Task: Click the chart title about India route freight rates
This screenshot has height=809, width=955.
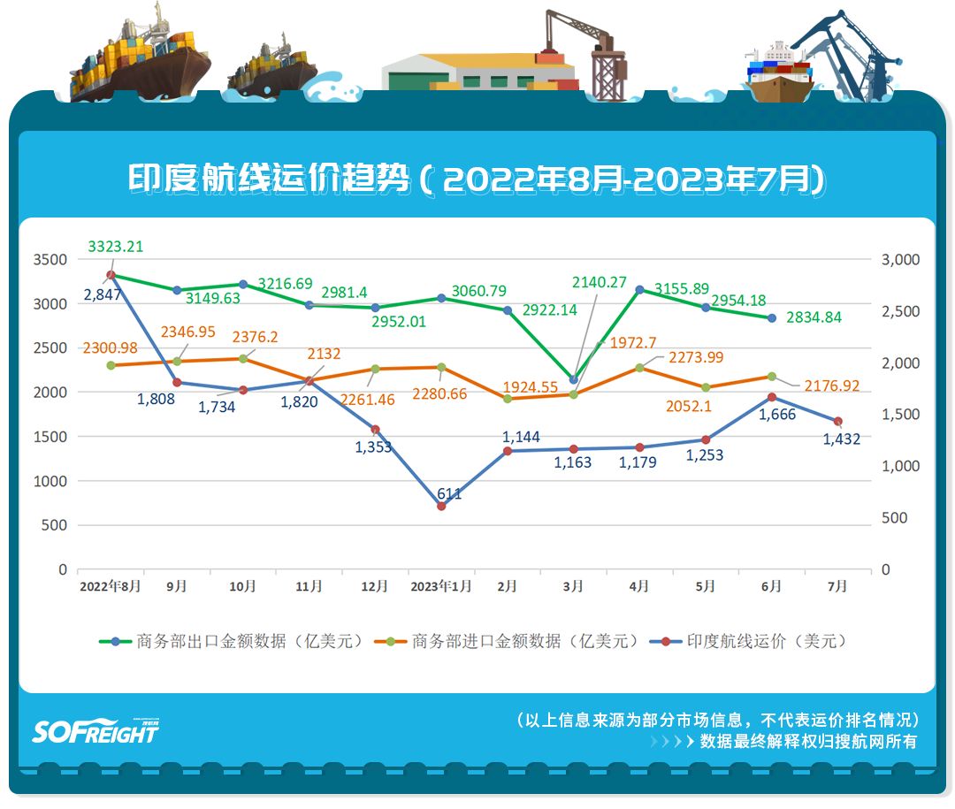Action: (477, 179)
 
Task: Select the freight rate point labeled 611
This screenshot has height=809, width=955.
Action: (441, 506)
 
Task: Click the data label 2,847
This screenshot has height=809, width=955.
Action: (103, 294)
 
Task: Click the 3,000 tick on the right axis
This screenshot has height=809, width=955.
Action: (901, 260)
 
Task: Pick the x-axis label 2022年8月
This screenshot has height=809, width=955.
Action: (110, 586)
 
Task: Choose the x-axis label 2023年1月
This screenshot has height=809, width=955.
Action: (440, 586)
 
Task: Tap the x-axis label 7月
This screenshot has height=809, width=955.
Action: (837, 586)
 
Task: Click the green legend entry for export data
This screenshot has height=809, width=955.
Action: (232, 642)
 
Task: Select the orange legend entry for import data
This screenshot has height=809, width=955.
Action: (507, 642)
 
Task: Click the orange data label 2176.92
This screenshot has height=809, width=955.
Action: (832, 386)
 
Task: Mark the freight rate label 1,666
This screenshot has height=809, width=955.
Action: (777, 415)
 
